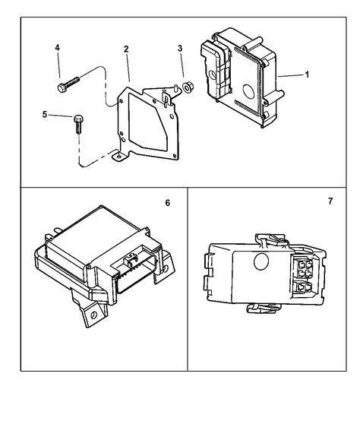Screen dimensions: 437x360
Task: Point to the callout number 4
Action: pos(58,49)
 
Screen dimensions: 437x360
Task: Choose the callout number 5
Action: pos(45,115)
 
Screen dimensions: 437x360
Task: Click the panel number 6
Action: pos(167,203)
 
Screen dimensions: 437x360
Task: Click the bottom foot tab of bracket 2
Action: pos(118,157)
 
